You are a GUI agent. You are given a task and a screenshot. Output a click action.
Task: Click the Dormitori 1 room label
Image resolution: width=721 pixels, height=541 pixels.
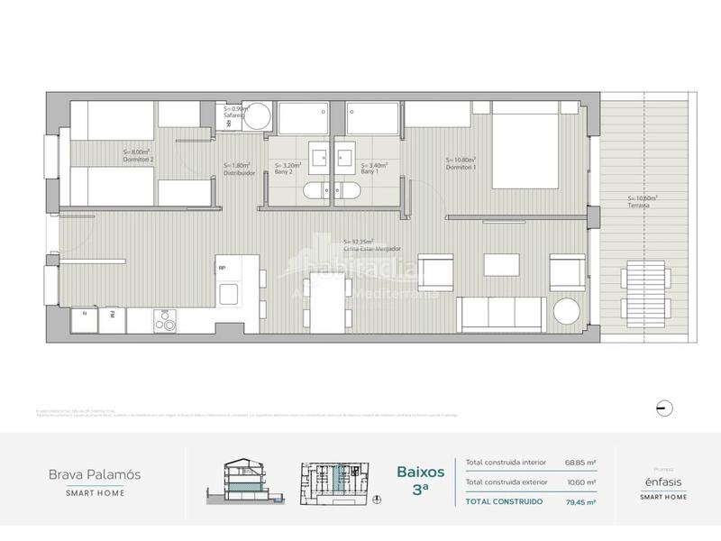[x=461, y=165]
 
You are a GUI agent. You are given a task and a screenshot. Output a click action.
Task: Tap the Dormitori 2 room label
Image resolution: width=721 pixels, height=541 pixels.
[x=139, y=156]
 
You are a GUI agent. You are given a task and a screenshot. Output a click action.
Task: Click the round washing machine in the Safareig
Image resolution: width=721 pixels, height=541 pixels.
[x=259, y=117]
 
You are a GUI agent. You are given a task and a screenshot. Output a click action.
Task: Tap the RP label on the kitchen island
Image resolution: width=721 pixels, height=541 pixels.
[x=223, y=267]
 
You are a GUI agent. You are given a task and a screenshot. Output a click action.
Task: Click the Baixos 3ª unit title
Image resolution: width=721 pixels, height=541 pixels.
[x=419, y=478]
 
